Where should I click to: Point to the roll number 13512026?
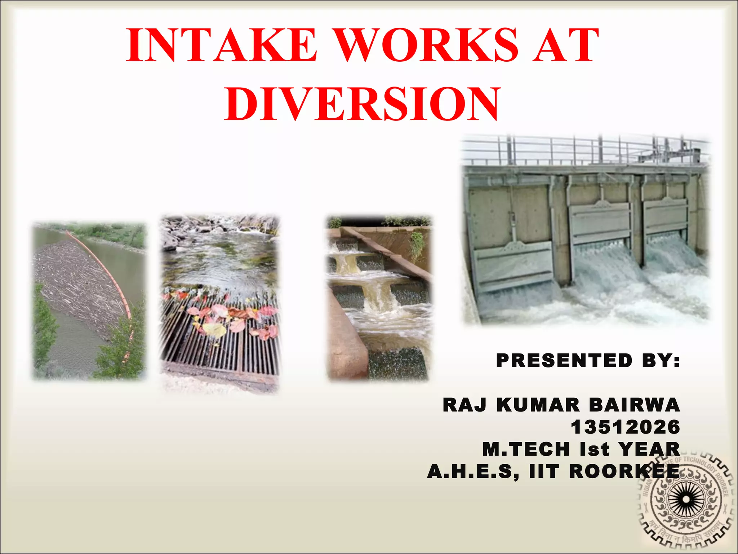pyautogui.click(x=625, y=427)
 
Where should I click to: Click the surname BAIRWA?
pyautogui.click(x=634, y=405)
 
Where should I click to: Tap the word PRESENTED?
pyautogui.click(x=564, y=360)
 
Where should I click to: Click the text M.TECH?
pyautogui.click(x=526, y=449)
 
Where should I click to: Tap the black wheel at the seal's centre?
pyautogui.click(x=686, y=500)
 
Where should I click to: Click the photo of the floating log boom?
pyautogui.click(x=89, y=301)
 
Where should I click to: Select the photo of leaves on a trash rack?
pyautogui.click(x=220, y=303)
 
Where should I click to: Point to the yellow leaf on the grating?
pyautogui.click(x=214, y=329)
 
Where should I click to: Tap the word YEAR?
pyautogui.click(x=649, y=449)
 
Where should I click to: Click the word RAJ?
pyautogui.click(x=464, y=405)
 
